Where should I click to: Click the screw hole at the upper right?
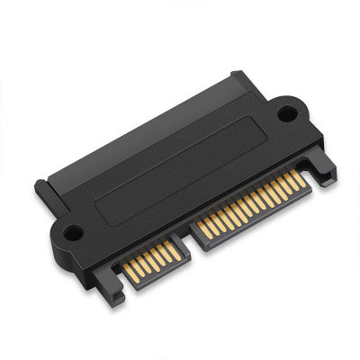coord(286,113)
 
